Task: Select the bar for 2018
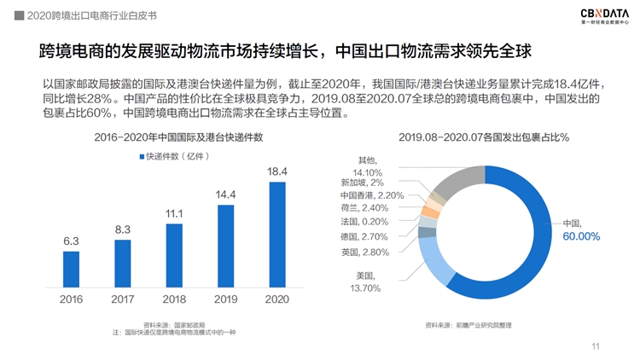click(174, 255)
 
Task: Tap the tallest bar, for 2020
click(277, 235)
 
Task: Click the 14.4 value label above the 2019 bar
click(225, 195)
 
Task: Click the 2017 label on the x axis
click(122, 299)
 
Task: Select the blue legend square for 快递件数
click(141, 156)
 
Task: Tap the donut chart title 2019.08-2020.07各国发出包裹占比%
click(483, 136)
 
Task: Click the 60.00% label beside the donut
click(581, 235)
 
